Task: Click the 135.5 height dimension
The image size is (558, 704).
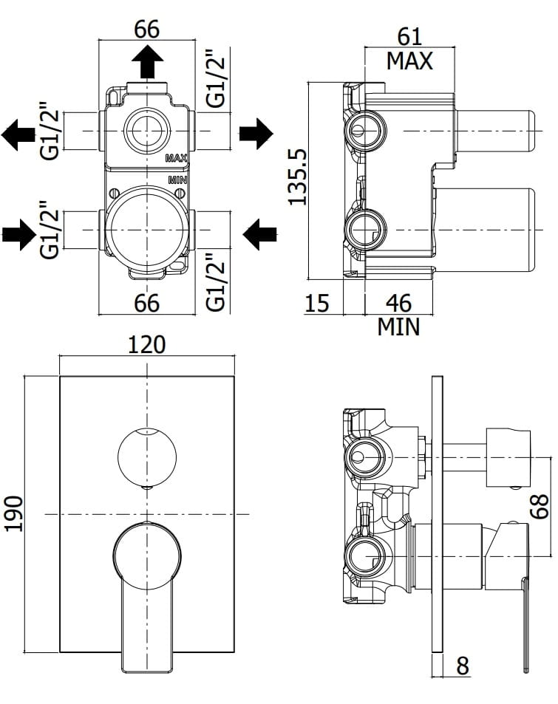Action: point(297,177)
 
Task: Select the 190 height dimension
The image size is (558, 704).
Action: point(13,513)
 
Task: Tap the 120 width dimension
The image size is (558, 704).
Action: point(147,345)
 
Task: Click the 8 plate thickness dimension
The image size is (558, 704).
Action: point(463,678)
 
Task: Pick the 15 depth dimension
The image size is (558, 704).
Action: point(317,303)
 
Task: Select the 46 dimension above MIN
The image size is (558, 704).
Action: point(398,303)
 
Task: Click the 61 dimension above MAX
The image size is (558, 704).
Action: point(409,37)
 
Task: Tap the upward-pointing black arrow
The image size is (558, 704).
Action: point(147,63)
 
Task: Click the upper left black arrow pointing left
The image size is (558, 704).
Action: point(18,134)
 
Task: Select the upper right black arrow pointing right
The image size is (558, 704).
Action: point(256,134)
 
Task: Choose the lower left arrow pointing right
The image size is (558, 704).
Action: point(19,234)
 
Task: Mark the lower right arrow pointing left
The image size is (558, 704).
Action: point(259,234)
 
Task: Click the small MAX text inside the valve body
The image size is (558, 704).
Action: point(176,158)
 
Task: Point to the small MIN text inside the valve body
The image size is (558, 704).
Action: point(177,180)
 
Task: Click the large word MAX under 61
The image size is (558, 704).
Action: point(409,61)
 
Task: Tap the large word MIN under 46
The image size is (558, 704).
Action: point(398,327)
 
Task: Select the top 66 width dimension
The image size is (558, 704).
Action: point(147,30)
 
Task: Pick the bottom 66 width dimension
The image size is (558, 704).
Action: point(147,303)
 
